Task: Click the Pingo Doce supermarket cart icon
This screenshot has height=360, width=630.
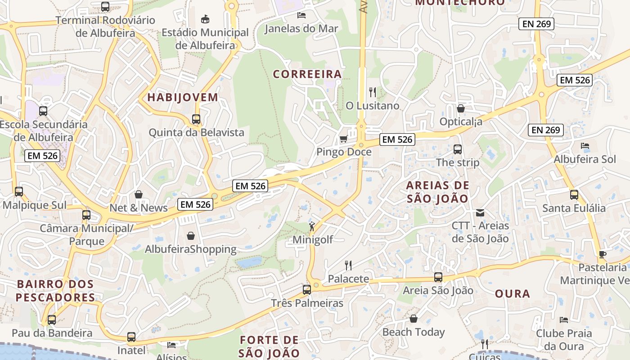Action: tap(343, 139)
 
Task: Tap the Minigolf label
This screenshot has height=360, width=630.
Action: tap(313, 240)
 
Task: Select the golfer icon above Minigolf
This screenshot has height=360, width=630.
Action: tap(312, 227)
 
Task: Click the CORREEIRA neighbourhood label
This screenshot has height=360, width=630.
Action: tap(307, 74)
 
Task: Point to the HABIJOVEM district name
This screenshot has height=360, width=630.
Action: tap(183, 97)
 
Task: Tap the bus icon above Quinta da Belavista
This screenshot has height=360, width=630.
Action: tap(196, 119)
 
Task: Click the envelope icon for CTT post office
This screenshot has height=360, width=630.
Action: tap(480, 213)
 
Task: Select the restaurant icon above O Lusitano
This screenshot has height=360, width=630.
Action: tap(372, 92)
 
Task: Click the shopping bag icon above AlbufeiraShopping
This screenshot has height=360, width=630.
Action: tap(191, 236)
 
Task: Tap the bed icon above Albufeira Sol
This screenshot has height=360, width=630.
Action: tap(585, 146)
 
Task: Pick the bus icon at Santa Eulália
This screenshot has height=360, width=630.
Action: tap(574, 195)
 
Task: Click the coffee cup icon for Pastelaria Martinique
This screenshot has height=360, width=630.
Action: tap(602, 254)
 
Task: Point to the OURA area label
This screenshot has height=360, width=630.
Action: tap(513, 294)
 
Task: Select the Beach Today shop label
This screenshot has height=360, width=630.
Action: tap(413, 332)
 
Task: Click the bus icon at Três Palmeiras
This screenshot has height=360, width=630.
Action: tap(307, 290)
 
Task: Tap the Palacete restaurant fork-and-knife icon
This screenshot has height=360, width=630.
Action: tap(348, 265)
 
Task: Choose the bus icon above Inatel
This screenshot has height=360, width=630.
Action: tap(131, 337)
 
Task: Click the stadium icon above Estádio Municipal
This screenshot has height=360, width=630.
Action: tap(205, 19)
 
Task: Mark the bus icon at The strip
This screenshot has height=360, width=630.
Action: tap(458, 149)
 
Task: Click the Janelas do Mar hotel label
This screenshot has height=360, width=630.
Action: tap(301, 29)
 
